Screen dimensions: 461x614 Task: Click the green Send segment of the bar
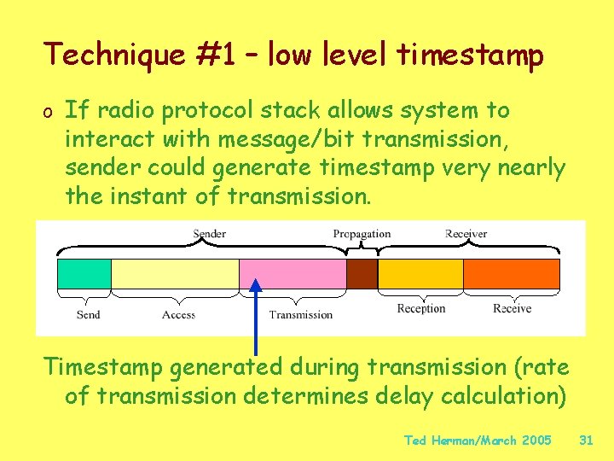[x=84, y=274]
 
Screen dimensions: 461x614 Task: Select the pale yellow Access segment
[x=175, y=274]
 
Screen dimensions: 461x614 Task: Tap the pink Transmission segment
[x=293, y=274]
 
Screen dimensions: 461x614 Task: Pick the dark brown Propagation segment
[x=362, y=274]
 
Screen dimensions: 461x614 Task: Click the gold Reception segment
[x=420, y=274]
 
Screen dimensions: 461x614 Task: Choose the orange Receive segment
[x=512, y=274]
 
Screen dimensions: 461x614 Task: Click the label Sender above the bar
[x=210, y=234]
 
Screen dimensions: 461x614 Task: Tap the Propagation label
[x=362, y=234]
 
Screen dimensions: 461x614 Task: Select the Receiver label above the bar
[x=466, y=234]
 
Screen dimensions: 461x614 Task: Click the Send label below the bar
[x=88, y=314]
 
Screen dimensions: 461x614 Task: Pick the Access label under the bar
[x=178, y=314]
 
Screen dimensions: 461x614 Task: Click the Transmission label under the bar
[x=300, y=314]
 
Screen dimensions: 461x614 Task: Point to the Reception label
[x=421, y=308]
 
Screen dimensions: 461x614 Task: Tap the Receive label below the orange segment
[x=512, y=308]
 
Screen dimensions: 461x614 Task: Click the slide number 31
[x=585, y=441]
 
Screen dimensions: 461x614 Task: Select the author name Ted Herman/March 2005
[x=477, y=441]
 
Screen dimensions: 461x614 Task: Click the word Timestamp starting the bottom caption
[x=104, y=367]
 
